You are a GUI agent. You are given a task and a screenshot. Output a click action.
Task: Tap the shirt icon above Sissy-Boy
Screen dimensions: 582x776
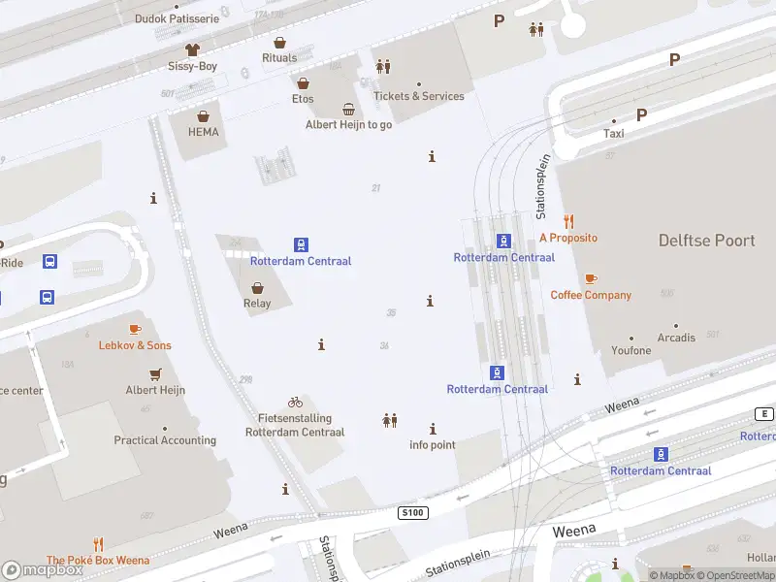[x=192, y=48]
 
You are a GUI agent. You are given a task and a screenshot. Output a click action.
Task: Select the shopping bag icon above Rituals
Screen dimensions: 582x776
[x=279, y=43]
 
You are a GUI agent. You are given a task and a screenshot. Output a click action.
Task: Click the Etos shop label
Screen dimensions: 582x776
[x=303, y=99]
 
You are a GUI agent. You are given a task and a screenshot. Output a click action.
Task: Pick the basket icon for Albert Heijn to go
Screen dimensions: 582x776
[x=348, y=110]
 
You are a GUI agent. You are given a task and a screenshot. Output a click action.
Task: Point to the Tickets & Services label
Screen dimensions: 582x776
[x=419, y=96]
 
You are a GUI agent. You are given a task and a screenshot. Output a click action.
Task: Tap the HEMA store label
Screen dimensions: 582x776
[x=203, y=132]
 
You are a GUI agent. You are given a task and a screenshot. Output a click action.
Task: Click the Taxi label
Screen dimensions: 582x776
[x=614, y=134]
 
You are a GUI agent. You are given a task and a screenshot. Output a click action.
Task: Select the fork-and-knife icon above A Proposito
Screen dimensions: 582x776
[x=568, y=221]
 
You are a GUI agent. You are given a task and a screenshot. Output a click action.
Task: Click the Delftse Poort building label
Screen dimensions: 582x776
[x=706, y=241]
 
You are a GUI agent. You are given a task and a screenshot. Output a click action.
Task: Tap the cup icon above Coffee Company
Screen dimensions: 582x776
[x=591, y=278]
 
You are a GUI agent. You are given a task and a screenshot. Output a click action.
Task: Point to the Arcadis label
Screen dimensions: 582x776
[x=676, y=338]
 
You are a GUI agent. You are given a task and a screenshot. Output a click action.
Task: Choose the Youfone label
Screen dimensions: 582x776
[x=631, y=350]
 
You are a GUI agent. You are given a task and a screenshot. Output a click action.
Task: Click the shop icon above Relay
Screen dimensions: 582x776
[x=257, y=287]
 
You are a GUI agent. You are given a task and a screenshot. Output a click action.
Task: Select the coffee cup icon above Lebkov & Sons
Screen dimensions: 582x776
[x=135, y=329]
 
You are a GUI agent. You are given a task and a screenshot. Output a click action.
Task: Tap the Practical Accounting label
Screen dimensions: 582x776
[x=165, y=440]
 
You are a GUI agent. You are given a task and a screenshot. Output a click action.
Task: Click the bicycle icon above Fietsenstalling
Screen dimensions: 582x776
[x=295, y=402]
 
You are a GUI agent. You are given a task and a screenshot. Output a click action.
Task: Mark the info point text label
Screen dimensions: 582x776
[x=433, y=445]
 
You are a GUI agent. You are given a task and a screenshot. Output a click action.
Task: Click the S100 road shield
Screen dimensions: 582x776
[x=413, y=511]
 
